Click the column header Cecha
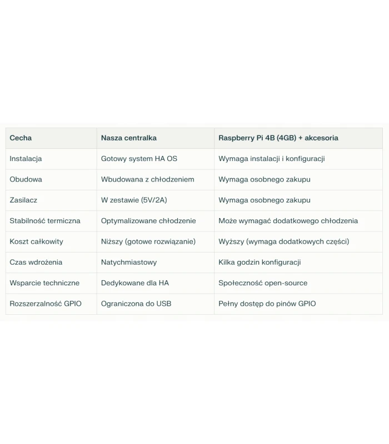(x=21, y=138)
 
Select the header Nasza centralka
(x=128, y=138)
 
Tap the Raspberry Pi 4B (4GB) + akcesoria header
(x=278, y=138)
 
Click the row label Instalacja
(x=26, y=159)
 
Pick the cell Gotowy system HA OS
(x=139, y=159)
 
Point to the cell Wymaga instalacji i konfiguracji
(x=271, y=159)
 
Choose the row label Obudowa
(x=26, y=179)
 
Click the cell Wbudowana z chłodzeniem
(x=147, y=179)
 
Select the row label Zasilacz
(x=23, y=200)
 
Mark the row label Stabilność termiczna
(x=45, y=221)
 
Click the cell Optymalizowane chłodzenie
(x=148, y=221)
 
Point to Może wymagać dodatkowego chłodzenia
(x=288, y=221)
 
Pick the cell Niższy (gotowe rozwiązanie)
(x=148, y=241)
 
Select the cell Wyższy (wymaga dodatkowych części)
(x=283, y=241)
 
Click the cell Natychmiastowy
(x=129, y=262)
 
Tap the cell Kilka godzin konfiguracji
(x=260, y=262)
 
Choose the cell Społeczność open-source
(x=263, y=283)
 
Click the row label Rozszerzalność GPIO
(x=46, y=304)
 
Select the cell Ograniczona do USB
(x=136, y=304)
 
